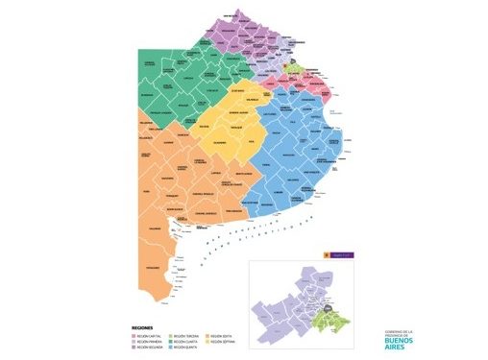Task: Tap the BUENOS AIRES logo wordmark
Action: [x=398, y=342]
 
